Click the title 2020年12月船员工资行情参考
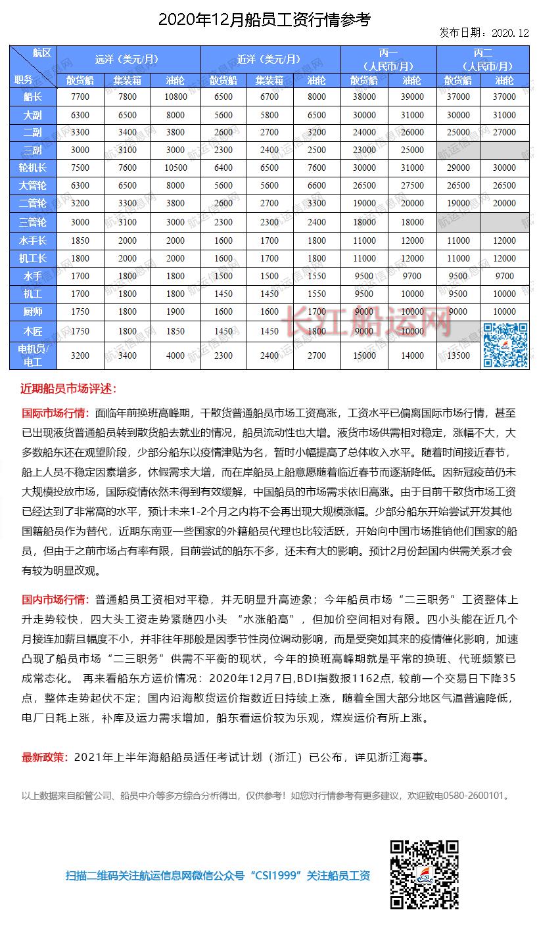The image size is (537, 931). (x=264, y=20)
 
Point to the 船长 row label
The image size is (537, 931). (x=32, y=97)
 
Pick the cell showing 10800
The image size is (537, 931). (x=175, y=97)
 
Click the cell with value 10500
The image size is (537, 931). (x=175, y=168)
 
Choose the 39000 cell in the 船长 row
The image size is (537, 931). (x=412, y=97)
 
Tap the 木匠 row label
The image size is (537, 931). (x=32, y=331)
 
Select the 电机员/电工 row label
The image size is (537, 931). (x=32, y=355)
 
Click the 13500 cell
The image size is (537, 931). (x=458, y=355)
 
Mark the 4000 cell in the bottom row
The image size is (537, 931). (x=175, y=355)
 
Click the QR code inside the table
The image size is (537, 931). (x=505, y=345)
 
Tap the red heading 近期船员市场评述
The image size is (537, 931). (x=68, y=389)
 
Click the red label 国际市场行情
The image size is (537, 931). (x=55, y=414)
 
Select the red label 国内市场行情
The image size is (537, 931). (x=55, y=599)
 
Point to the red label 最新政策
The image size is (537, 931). (x=45, y=757)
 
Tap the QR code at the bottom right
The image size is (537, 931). (x=424, y=874)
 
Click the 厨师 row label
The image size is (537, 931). (x=32, y=311)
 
